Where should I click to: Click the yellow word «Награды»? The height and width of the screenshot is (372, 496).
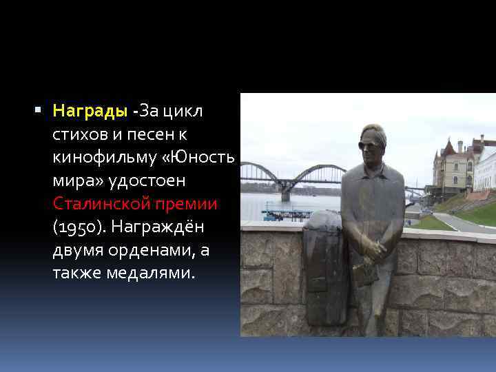click(x=90, y=111)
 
